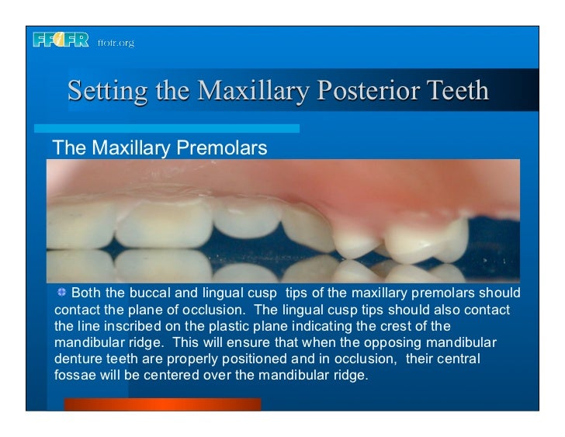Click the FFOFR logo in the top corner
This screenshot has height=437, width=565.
61,40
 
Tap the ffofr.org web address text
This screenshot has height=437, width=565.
116,43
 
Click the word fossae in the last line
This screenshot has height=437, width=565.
75,376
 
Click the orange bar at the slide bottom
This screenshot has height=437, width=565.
162,404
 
